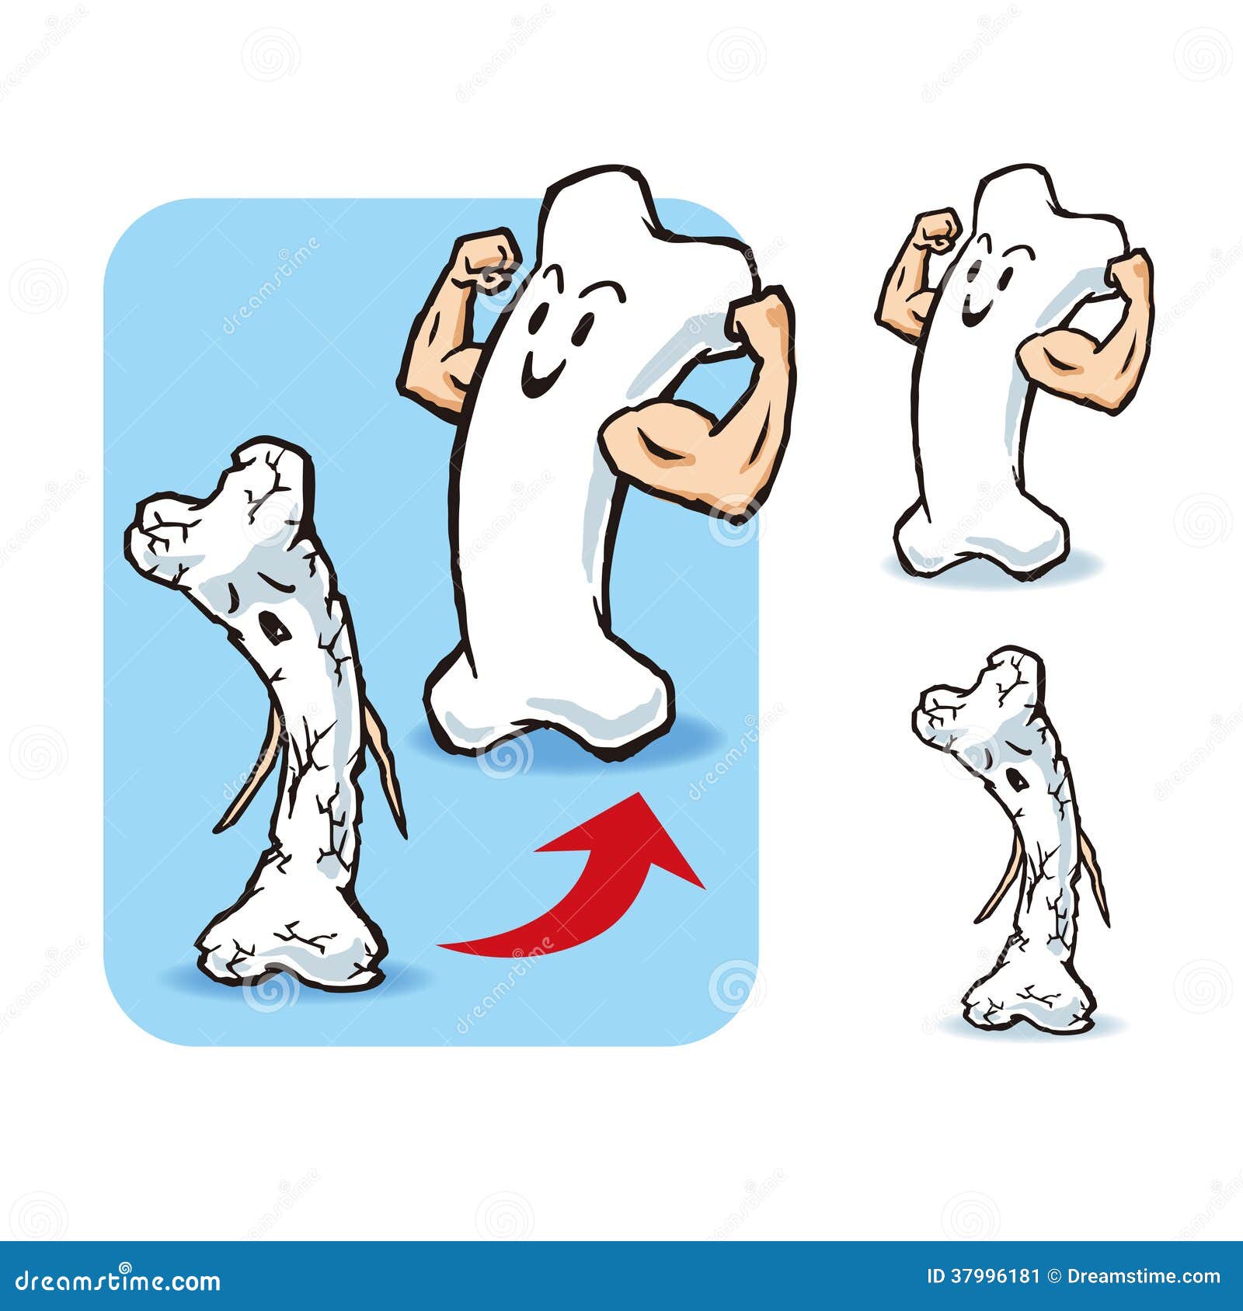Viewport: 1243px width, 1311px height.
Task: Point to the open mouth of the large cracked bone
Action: (273, 626)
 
